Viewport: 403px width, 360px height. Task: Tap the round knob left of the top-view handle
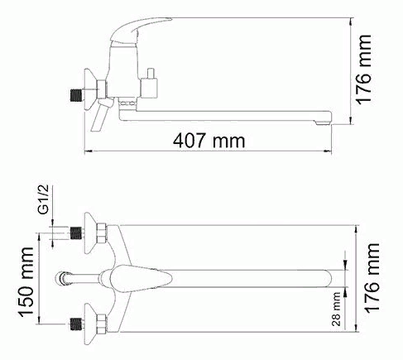point(63,276)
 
